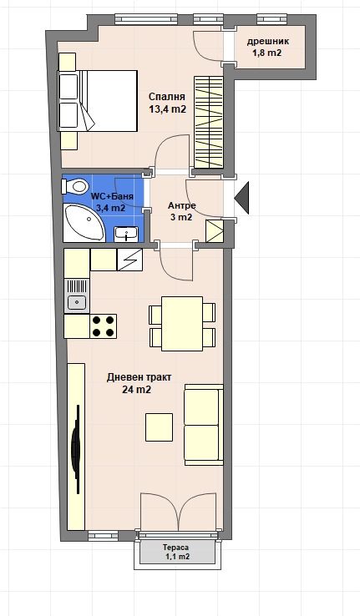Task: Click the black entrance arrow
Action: click(241, 199)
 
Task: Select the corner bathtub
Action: click(84, 223)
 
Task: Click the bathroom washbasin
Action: click(126, 235)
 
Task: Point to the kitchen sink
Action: click(77, 295)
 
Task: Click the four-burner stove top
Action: click(103, 326)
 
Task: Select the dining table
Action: click(182, 324)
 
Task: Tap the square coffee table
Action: click(160, 427)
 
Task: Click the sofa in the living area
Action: click(204, 425)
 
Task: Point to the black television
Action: click(75, 449)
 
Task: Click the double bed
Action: click(98, 101)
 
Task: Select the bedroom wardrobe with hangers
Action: click(208, 123)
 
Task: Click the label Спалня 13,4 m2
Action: click(167, 103)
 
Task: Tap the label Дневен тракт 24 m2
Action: click(139, 383)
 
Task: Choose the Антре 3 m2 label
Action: click(181, 211)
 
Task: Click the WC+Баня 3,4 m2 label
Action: click(112, 202)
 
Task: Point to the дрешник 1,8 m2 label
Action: click(267, 47)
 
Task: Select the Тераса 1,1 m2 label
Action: click(175, 552)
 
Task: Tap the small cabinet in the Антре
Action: click(215, 230)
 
